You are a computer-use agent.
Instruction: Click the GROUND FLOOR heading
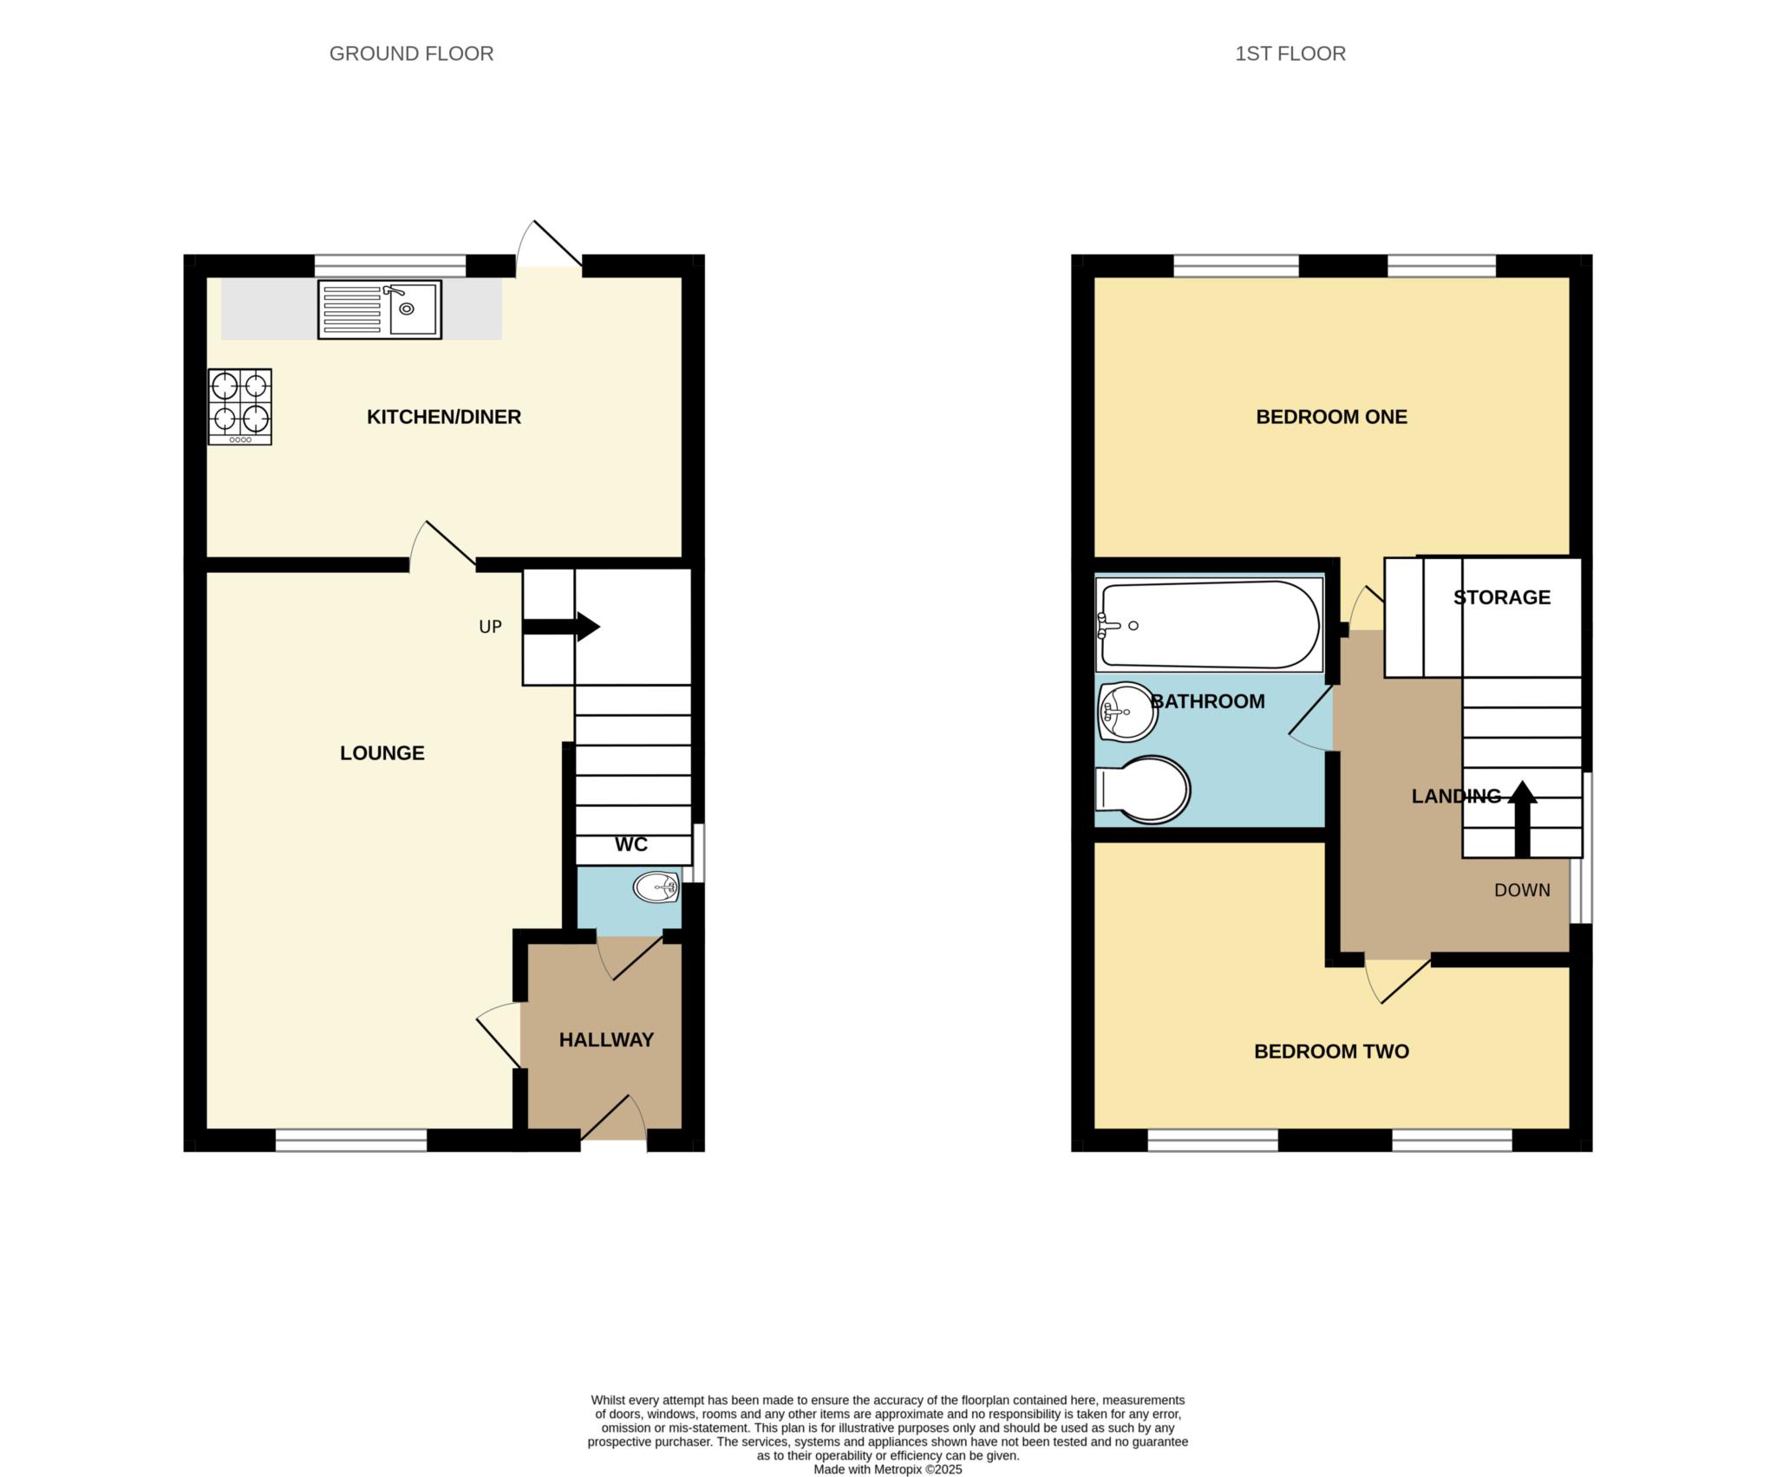411,54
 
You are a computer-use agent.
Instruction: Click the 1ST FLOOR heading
1290,54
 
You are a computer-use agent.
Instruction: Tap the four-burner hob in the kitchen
240,407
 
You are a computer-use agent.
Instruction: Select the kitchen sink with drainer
380,309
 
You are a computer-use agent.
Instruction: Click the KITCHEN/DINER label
443,417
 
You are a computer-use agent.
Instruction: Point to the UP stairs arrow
562,627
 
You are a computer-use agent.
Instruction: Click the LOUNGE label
382,753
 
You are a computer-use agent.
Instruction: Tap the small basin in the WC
656,888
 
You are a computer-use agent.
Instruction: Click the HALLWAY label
605,1040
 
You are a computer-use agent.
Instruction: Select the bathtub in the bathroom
1208,625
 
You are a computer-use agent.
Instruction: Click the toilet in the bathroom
1143,790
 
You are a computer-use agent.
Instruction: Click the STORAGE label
1501,597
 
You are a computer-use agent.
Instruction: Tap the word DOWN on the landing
1521,890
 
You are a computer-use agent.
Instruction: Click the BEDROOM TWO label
1331,1051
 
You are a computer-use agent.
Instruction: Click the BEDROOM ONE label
1331,417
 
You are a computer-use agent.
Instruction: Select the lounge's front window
351,1140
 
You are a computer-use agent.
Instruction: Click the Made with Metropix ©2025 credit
887,1469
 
